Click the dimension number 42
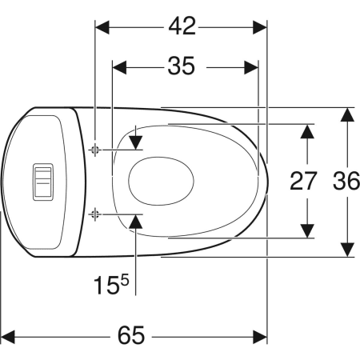[x=182, y=26]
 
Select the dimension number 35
[x=182, y=66]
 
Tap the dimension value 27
[x=303, y=181]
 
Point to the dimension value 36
[x=346, y=181]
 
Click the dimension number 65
[x=131, y=335]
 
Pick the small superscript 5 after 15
[x=125, y=281]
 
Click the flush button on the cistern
[x=43, y=182]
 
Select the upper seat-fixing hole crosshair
[x=94, y=150]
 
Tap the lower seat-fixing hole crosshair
[x=94, y=214]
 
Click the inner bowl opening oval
[x=161, y=181]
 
